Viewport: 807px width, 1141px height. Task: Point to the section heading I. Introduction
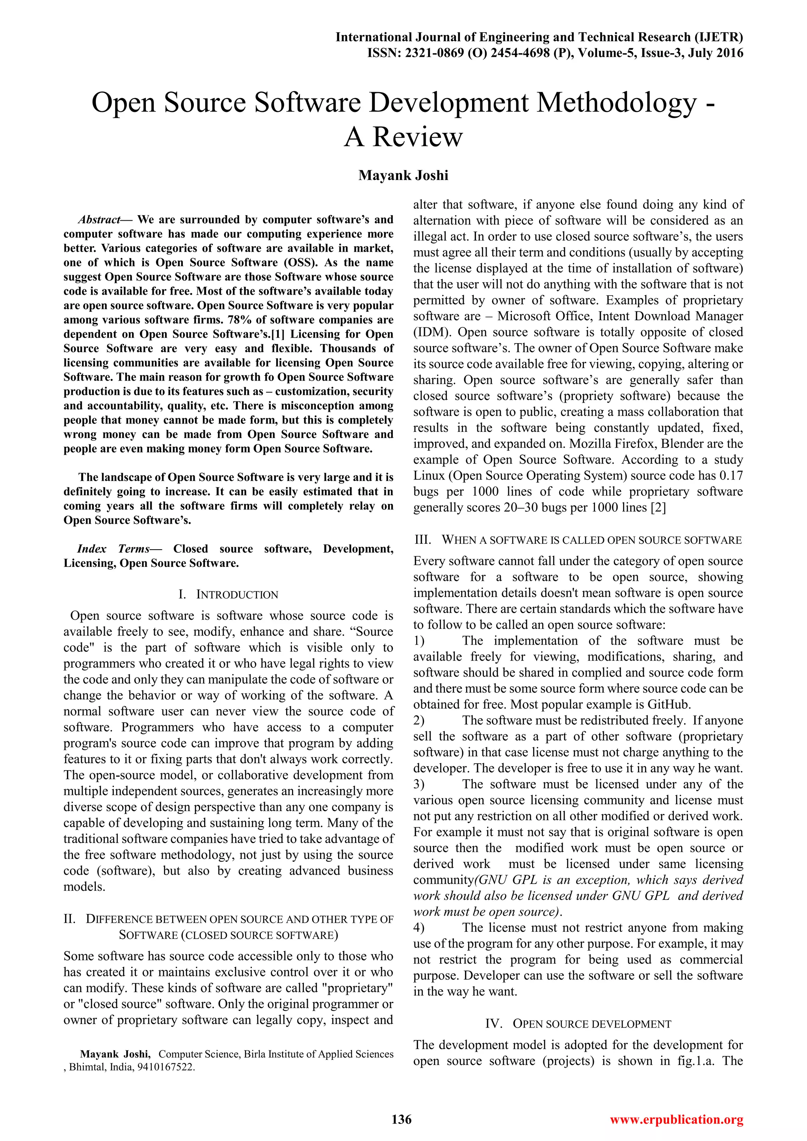click(229, 595)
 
